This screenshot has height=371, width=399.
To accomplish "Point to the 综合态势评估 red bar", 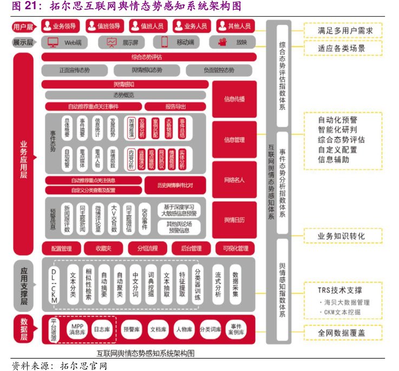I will pos(148,56).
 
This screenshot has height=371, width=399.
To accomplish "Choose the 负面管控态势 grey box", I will pos(219,70).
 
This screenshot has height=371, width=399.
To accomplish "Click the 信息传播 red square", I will pos(234,99).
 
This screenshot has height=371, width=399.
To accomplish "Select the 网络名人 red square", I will pos(234,180).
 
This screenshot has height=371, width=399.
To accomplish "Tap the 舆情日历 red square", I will pos(234,220).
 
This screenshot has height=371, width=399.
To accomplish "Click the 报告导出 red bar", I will pos(175,106).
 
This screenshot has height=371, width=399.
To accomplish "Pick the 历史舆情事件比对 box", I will pos(175,185).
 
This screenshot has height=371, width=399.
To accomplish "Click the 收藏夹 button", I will pos(104,249).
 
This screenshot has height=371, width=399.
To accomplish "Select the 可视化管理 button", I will pos(232,249).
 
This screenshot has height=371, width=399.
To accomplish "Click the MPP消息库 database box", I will pos(77,329).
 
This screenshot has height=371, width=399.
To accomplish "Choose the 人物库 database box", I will pos(184,329).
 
